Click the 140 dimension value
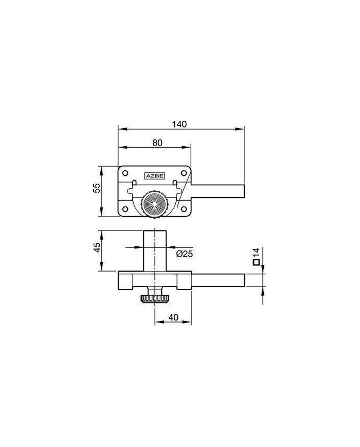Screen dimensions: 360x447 click(x=179, y=124)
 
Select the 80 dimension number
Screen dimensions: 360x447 click(x=157, y=142)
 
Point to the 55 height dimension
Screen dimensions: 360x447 click(x=97, y=188)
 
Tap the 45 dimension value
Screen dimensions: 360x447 click(x=97, y=247)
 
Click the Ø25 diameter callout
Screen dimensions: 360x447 click(x=185, y=254)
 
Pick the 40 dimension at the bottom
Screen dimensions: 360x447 click(x=173, y=317)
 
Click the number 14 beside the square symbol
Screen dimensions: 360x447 click(x=256, y=253)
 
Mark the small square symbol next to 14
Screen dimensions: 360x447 click(x=256, y=262)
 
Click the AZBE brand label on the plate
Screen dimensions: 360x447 click(x=155, y=176)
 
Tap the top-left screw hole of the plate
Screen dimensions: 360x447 click(x=125, y=173)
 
